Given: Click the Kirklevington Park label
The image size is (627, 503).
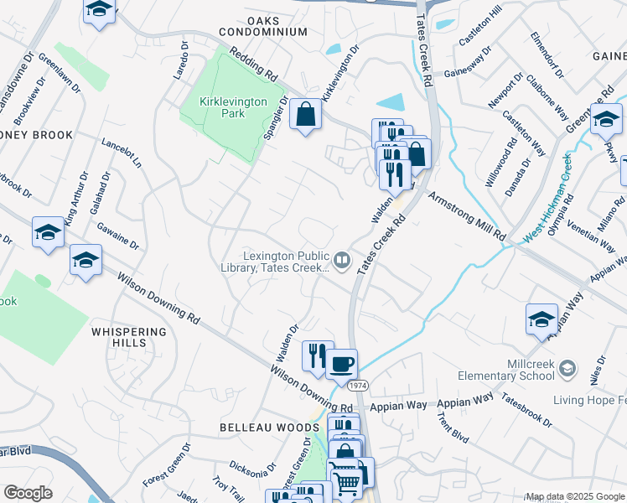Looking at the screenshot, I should (233, 107).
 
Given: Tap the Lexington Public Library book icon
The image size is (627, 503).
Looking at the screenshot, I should (342, 262).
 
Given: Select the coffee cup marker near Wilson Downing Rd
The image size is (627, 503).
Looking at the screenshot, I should (341, 365).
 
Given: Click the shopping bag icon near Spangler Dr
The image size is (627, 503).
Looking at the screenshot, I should (305, 115).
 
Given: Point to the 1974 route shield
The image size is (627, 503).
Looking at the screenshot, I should (358, 385).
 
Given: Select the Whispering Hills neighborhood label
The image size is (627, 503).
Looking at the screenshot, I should (118, 337).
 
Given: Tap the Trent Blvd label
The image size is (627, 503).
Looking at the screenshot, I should (451, 424).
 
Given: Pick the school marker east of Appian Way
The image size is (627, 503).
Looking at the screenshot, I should (542, 319).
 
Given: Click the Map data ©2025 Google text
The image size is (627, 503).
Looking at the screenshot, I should (575, 496).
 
